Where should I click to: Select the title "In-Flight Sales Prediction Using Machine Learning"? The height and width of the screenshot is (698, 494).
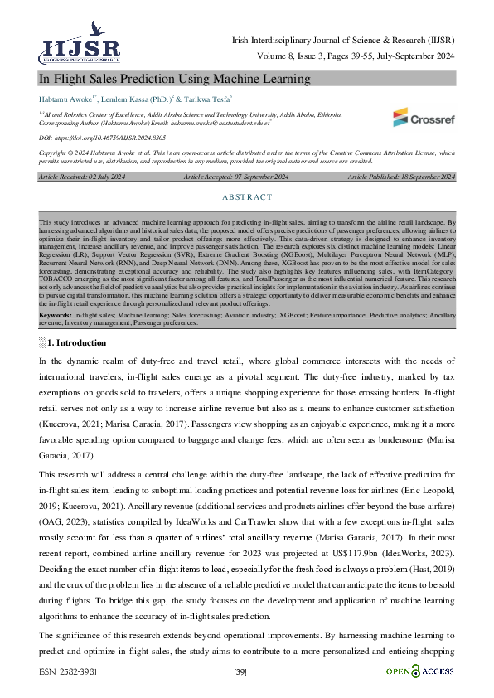pyautogui.click(x=174, y=80)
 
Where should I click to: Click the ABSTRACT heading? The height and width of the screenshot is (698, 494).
pyautogui.click(x=247, y=197)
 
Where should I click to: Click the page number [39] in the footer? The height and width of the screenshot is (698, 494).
pyautogui.click(x=241, y=671)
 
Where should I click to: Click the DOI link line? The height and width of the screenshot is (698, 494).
pyautogui.click(x=91, y=138)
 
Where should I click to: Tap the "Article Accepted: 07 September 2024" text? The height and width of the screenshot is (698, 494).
pyautogui.click(x=236, y=177)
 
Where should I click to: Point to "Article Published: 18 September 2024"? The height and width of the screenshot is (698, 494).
pyautogui.click(x=401, y=177)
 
